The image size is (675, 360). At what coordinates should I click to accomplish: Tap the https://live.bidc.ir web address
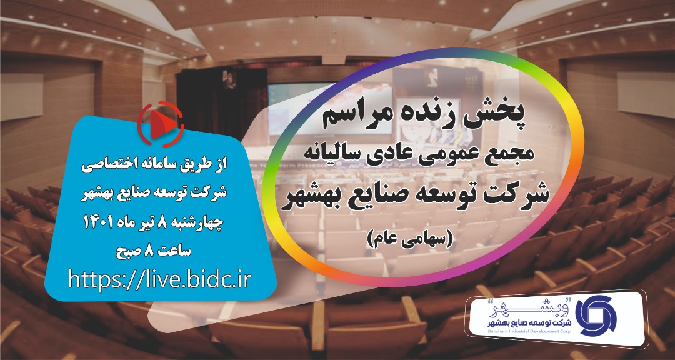coord(159,281)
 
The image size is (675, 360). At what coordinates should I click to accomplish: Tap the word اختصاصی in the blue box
coord(106,166)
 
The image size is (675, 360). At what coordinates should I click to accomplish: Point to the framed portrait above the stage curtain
coord(230,79)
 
